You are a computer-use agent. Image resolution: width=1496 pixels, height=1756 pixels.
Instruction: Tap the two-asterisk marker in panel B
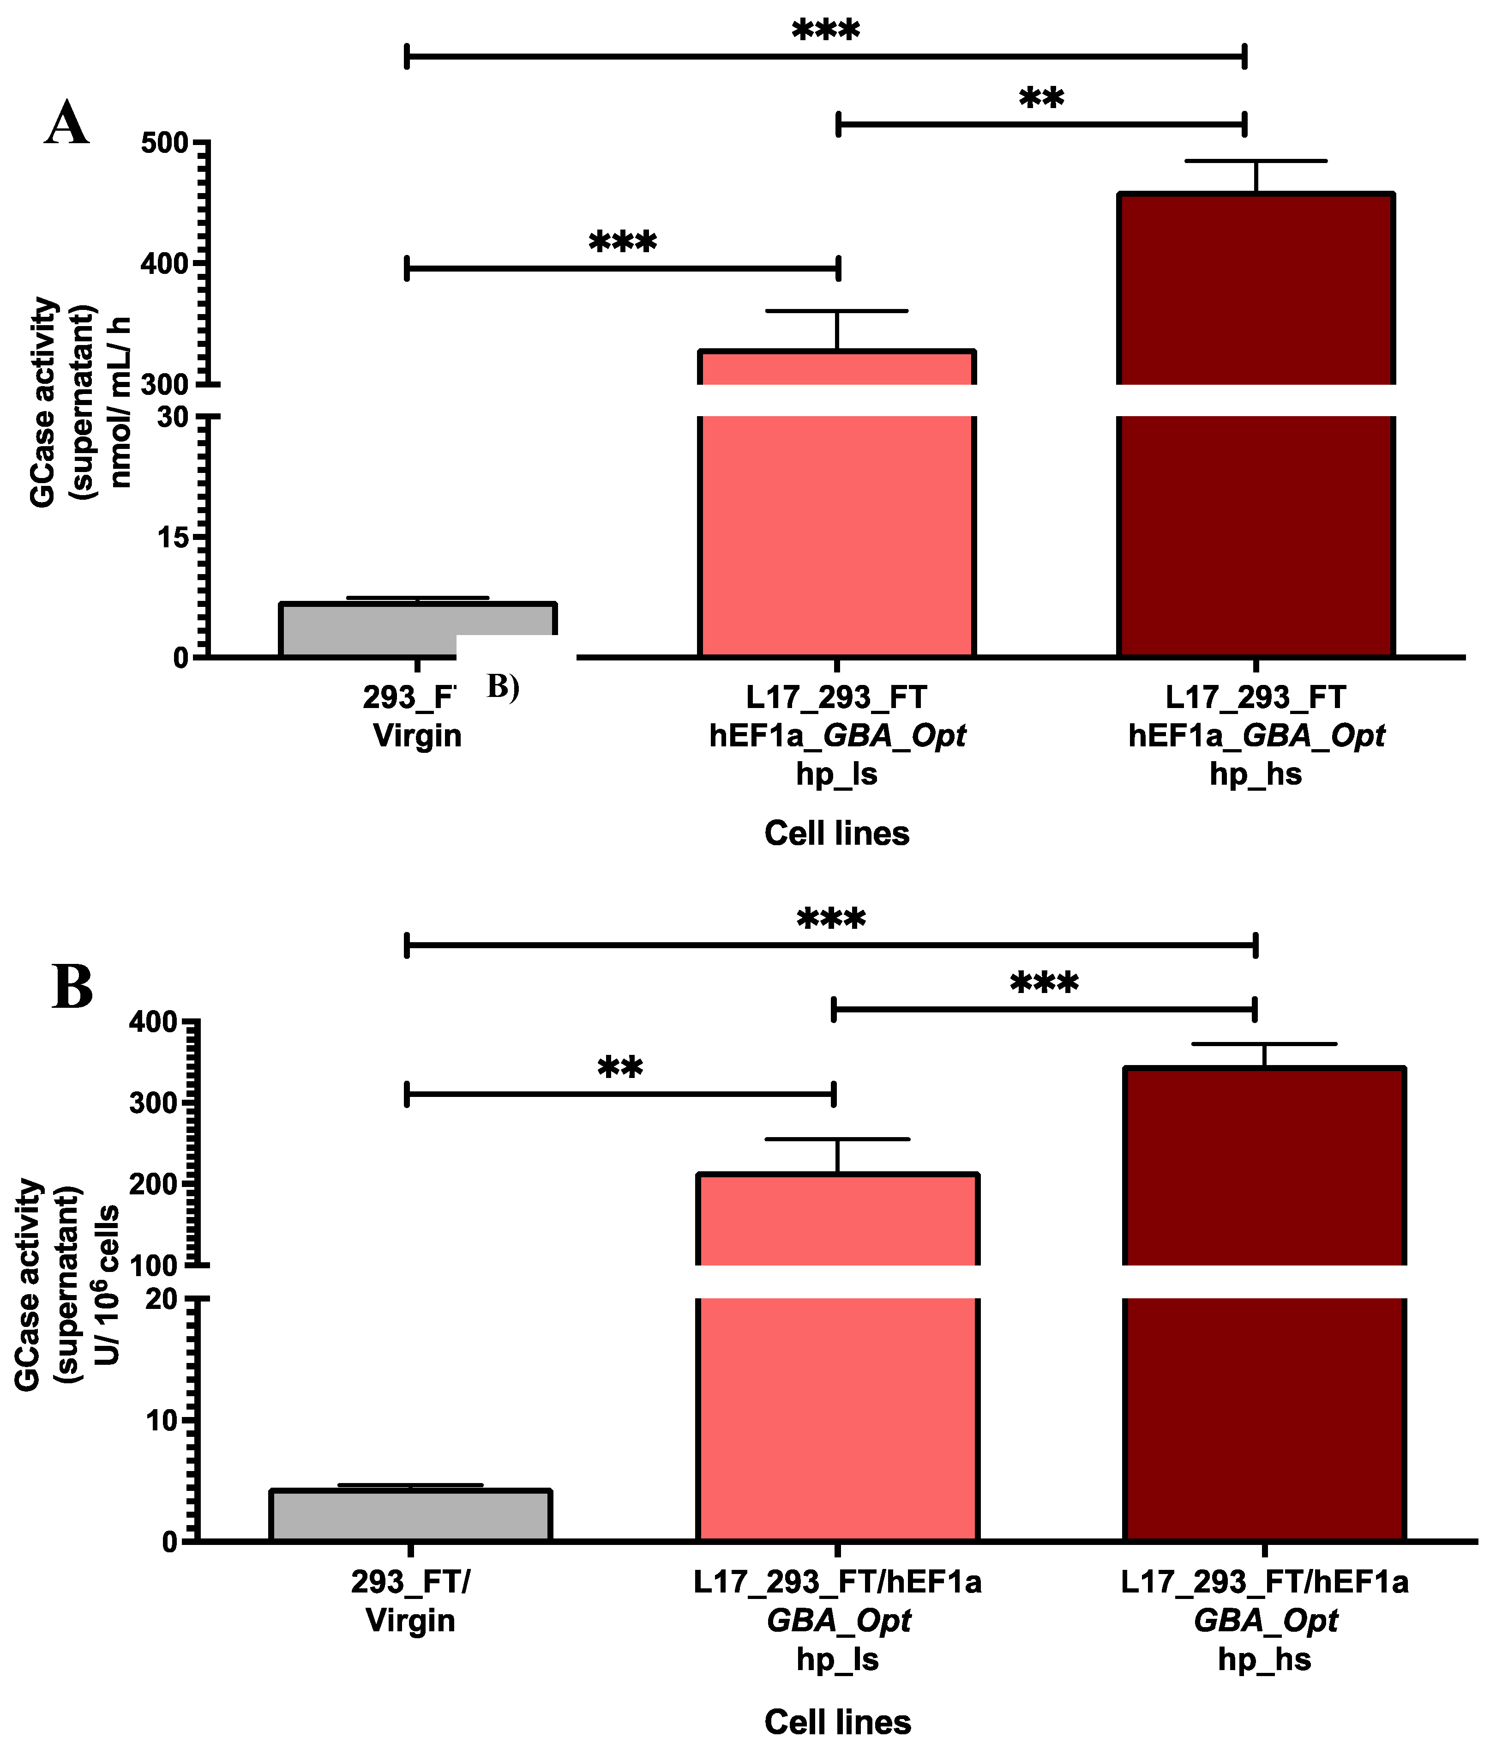[x=620, y=1068]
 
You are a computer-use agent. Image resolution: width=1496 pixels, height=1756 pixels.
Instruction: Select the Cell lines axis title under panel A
[x=836, y=833]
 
